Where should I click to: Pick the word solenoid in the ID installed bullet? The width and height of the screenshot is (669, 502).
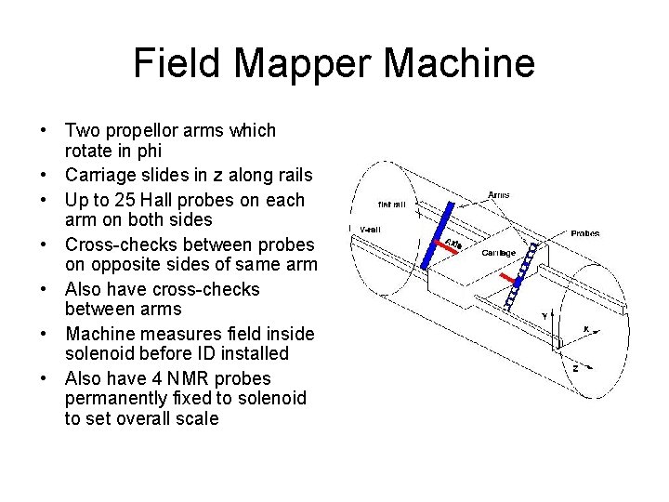click(98, 353)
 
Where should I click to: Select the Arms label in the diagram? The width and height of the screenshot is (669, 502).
click(498, 195)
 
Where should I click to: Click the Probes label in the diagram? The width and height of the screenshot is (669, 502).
click(584, 233)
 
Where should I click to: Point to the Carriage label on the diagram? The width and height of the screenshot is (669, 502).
click(498, 253)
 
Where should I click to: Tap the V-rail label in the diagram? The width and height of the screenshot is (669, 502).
click(370, 229)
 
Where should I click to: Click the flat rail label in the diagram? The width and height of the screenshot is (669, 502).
click(390, 204)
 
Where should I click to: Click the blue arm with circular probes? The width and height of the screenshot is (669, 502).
click(520, 275)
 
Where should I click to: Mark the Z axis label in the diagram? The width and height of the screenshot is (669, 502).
click(576, 367)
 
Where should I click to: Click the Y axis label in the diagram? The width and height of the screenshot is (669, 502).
click(544, 317)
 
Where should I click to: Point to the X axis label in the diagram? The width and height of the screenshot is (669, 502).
click(585, 328)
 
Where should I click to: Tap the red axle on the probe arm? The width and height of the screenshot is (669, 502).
click(507, 279)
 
